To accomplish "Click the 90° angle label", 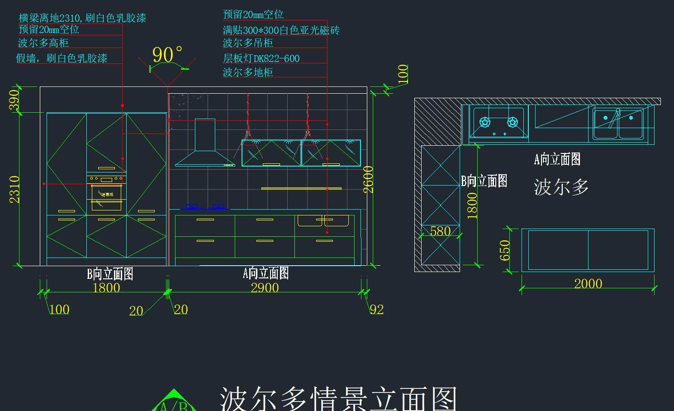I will click(x=167, y=55).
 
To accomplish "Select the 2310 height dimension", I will click(x=14, y=189).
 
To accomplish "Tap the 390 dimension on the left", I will click(x=14, y=99).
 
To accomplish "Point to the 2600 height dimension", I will click(x=368, y=179).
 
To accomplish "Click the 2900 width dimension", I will click(x=265, y=287).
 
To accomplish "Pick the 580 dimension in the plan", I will click(x=440, y=231).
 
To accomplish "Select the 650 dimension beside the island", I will click(x=505, y=250).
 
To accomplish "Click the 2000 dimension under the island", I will click(x=588, y=284).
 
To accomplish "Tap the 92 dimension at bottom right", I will click(x=377, y=310).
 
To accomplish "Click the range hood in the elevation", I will click(x=205, y=145).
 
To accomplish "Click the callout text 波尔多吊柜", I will click(x=248, y=43).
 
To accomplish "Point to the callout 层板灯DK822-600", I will click(x=261, y=58).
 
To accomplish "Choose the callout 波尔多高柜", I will click(x=43, y=43).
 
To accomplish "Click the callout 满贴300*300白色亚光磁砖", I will click(x=281, y=30).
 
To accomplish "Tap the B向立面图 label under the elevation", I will click(x=110, y=274).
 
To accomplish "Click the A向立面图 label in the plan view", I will click(x=557, y=159).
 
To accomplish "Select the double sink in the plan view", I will click(x=618, y=124).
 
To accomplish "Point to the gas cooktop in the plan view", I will click(x=498, y=123).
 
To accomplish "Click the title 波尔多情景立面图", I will click(x=338, y=398).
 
